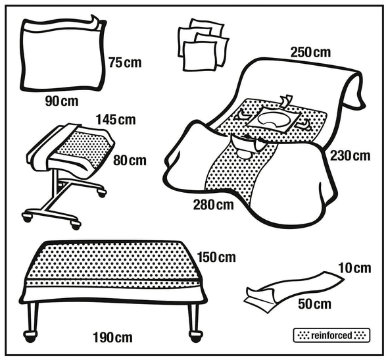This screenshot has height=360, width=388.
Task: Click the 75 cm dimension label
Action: pos(125,63)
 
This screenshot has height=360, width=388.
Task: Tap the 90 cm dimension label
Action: pos(62,101)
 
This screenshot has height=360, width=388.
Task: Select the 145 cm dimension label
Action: pos(116,120)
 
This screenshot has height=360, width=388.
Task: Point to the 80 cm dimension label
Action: pos(130,161)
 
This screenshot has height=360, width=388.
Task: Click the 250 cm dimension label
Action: pos(310,53)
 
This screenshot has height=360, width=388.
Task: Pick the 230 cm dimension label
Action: pos(350,156)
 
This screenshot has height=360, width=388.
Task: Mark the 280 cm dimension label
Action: pos(213,205)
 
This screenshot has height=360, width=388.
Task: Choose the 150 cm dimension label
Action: pos(216,257)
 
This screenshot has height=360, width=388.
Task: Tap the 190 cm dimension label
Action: pos(112,338)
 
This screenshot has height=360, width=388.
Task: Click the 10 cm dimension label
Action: pos(354,268)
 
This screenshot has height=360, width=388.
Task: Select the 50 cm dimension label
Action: pos(314,304)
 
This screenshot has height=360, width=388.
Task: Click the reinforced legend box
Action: pos(331,336)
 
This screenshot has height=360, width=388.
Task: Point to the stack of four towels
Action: pos(203,45)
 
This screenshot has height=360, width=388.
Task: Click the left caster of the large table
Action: pos(30,336)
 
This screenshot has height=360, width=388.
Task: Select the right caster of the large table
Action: pos(196,336)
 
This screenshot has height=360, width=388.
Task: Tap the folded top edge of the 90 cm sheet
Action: pos(62,25)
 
